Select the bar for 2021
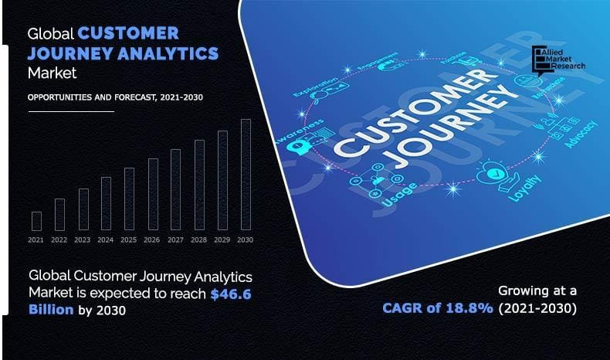tap(36, 221)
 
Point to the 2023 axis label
tap(83, 240)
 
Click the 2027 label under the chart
tap(175, 240)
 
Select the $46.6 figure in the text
tap(232, 294)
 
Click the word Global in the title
tap(50, 33)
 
